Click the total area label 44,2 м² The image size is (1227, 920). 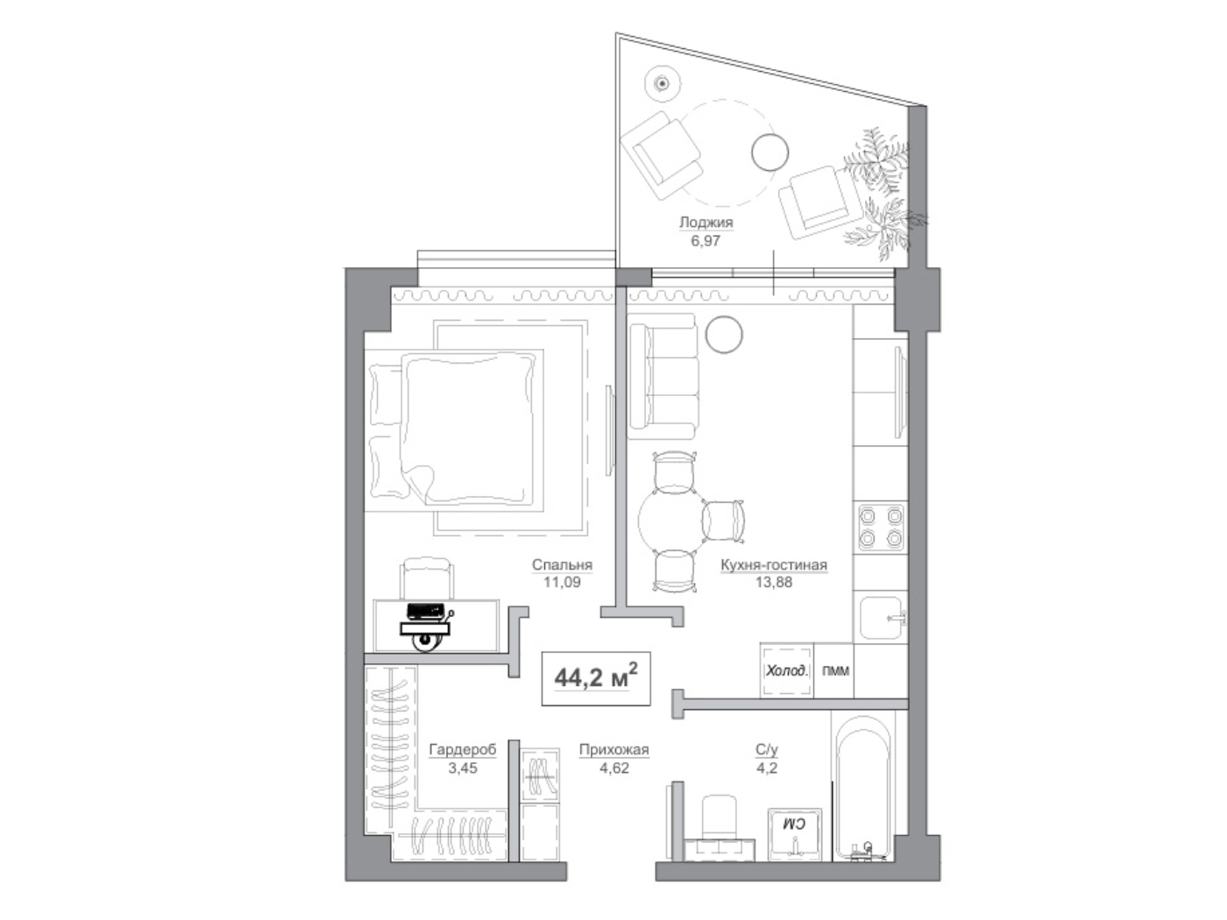(x=595, y=678)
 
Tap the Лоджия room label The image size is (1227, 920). (x=706, y=223)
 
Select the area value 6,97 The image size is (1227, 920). (x=706, y=241)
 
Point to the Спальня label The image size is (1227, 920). (x=562, y=565)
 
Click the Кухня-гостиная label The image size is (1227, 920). (x=774, y=565)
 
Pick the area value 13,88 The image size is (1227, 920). (x=774, y=582)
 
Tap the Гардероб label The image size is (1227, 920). (x=463, y=750)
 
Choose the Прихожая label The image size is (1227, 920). (x=614, y=750)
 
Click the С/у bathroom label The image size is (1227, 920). (x=767, y=750)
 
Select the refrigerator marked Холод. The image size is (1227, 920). (x=786, y=671)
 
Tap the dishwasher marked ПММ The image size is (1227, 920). (x=834, y=671)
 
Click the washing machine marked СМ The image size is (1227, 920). (x=794, y=834)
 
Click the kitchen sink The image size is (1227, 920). (x=882, y=618)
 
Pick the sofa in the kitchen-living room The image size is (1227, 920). (x=663, y=377)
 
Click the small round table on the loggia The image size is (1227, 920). (x=770, y=152)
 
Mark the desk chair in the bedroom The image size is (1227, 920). (x=426, y=578)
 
